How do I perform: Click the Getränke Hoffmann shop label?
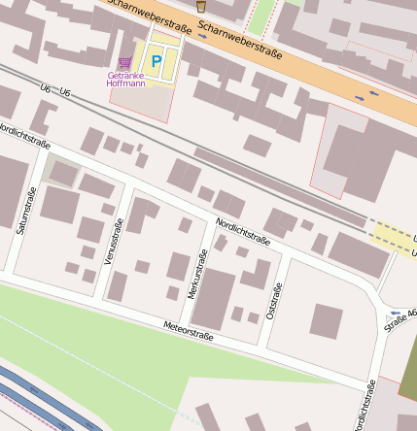(x=125, y=79)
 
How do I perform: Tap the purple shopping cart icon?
(x=124, y=61)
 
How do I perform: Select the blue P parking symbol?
(x=156, y=60)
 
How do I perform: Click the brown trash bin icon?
(x=201, y=6)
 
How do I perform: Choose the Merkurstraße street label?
(x=197, y=274)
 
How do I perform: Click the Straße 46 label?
(x=400, y=319)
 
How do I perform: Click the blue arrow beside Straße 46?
(x=392, y=316)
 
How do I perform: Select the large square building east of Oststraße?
(x=327, y=321)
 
